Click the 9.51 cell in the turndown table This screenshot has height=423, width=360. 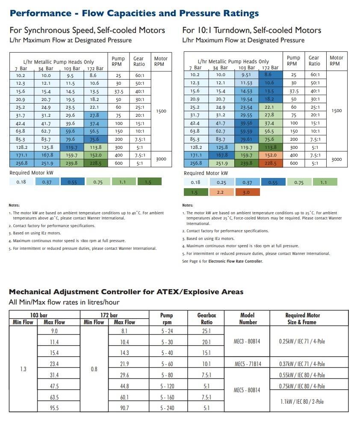tap(246, 75)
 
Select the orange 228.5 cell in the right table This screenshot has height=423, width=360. tap(271, 163)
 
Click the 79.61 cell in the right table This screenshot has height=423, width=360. tap(246, 139)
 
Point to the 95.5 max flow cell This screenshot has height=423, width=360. tap(54, 408)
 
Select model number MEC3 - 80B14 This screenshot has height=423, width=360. tap(248, 342)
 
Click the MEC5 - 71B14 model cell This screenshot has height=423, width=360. tap(248, 364)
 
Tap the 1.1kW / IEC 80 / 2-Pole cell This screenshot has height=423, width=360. tap(301, 402)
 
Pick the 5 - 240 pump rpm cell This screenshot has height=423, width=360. tap(167, 408)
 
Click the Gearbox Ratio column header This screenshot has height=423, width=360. tap(207, 319)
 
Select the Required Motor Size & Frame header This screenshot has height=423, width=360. tap(303, 319)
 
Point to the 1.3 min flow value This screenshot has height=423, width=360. tap(23, 369)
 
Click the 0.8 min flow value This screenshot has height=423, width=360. tap(94, 369)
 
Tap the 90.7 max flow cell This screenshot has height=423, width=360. tap(124, 408)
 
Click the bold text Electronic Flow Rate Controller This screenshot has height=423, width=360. tap(236, 261)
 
